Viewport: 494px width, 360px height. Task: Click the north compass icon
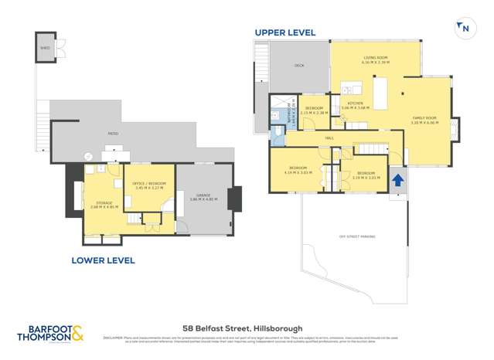pyautogui.click(x=464, y=28)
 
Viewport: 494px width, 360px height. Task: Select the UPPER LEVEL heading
pyautogui.click(x=285, y=32)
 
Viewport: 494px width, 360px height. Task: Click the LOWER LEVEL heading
pyautogui.click(x=103, y=260)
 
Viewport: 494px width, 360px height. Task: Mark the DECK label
pyautogui.click(x=298, y=66)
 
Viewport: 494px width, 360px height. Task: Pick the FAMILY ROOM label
pyautogui.click(x=424, y=120)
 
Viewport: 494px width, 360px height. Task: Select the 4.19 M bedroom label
pyautogui.click(x=298, y=169)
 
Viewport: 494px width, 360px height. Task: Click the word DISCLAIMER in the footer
pyautogui.click(x=114, y=338)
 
